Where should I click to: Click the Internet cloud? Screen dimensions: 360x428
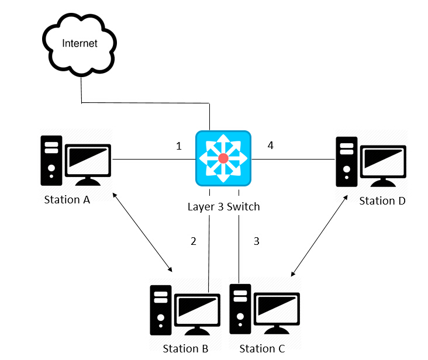80,43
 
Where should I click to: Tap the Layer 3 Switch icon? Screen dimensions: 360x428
223,158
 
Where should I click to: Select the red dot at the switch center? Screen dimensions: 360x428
223,159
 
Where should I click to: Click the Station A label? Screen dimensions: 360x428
67,200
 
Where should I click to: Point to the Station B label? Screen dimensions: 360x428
185,349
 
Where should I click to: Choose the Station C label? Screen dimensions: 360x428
262,349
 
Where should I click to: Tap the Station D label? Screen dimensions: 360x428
382,201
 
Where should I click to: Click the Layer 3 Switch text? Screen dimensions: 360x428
223,206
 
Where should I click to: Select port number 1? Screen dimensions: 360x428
179,146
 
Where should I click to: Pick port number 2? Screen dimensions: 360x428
194,241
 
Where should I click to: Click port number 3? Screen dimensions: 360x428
256,241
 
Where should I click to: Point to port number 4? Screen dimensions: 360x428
270,145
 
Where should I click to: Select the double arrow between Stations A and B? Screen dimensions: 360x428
143,232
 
